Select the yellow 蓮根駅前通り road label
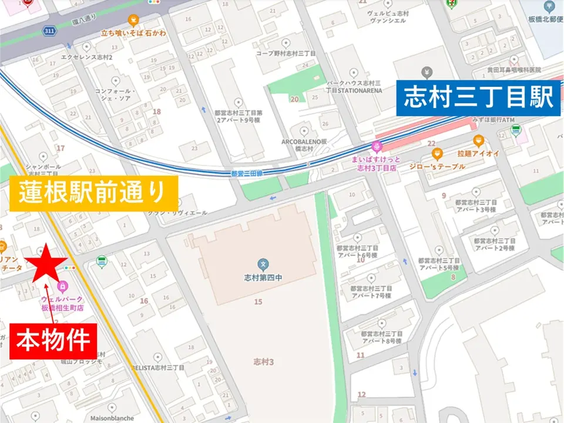pos(94,192)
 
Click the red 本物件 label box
pos(52,340)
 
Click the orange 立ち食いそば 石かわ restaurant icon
pos(133,20)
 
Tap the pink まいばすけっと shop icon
pos(377,146)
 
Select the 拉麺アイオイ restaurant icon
pos(478,141)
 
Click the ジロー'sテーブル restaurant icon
pos(437,155)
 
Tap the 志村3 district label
pos(264,361)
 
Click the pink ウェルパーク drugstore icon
pos(62,287)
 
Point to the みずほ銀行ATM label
pos(476,120)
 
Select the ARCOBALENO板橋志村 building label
pos(304,145)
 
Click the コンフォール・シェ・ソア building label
pos(116,95)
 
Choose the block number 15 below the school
pos(258,301)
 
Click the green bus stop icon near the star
pos(102,260)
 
